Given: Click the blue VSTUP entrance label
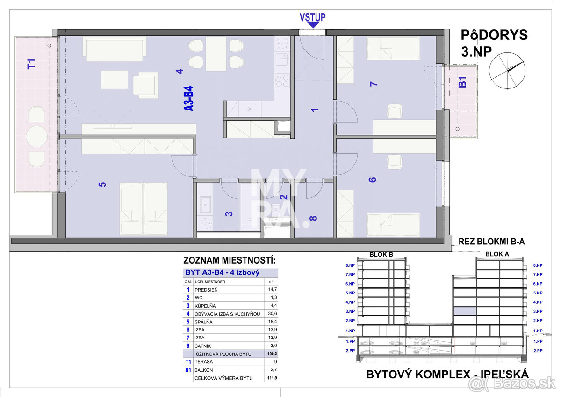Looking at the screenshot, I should [x=312, y=17].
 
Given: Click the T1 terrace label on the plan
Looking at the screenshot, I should [x=31, y=64].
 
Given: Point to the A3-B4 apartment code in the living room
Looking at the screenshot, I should [x=189, y=98].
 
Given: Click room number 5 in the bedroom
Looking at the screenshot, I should [x=102, y=184].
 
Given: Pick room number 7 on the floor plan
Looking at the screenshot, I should [x=373, y=84].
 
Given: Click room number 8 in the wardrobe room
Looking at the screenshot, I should [x=313, y=218].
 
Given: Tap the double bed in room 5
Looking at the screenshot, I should [x=144, y=208].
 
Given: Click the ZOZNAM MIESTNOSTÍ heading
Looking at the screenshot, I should [x=229, y=260].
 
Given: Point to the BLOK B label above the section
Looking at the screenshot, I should [x=381, y=254].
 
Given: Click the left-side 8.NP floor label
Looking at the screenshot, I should [x=350, y=265].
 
